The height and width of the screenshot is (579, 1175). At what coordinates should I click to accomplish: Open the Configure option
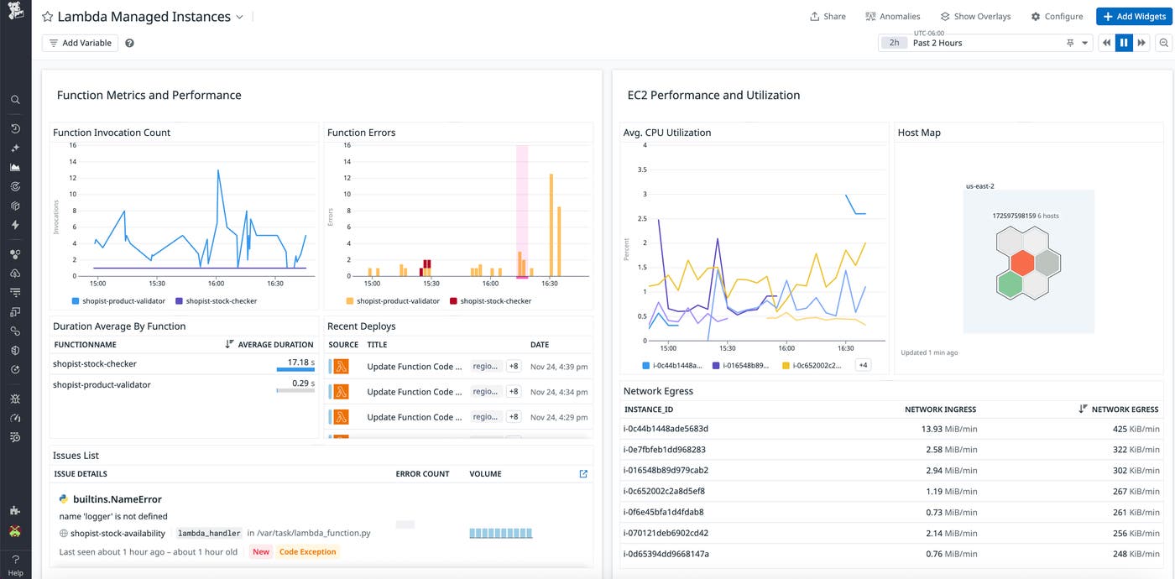[x=1057, y=17]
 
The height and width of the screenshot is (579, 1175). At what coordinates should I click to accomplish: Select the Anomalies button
[x=893, y=17]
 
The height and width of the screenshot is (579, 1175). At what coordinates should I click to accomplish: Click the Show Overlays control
[x=975, y=17]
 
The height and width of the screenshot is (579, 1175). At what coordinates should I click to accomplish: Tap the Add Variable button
[x=81, y=43]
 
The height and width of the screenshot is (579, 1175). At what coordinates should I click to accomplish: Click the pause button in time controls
[x=1124, y=43]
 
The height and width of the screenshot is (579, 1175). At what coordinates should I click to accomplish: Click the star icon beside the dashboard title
[x=48, y=17]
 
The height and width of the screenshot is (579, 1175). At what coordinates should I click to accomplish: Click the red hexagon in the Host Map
[x=1021, y=263]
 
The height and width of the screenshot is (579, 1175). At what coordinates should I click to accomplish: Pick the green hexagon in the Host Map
[x=1010, y=284]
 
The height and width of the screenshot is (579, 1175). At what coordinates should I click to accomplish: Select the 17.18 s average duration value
[x=299, y=363]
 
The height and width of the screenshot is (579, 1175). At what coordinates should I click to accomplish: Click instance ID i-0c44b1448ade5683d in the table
[x=666, y=429]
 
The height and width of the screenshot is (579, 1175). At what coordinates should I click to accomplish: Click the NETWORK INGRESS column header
[x=940, y=409]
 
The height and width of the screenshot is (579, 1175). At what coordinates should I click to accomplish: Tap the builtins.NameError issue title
[x=117, y=499]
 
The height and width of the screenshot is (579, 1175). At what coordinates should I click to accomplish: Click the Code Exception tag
[x=307, y=552]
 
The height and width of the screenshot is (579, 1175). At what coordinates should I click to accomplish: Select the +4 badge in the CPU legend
[x=863, y=365]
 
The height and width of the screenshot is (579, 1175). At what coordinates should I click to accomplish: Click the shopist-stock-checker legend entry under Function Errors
[x=495, y=300]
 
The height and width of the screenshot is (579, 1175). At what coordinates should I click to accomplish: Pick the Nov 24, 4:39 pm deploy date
[x=558, y=367]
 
